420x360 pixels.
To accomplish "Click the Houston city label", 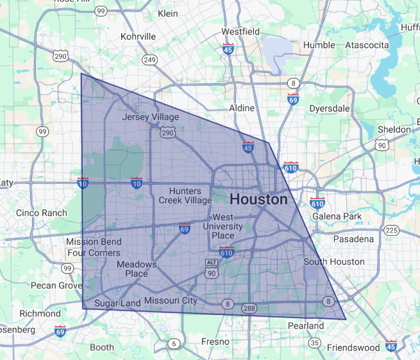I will click(x=258, y=199).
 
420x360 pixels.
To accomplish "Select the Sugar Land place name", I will click(x=113, y=302).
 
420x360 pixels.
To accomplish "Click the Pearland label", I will click(x=306, y=326).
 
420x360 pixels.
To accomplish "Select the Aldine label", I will click(x=242, y=108).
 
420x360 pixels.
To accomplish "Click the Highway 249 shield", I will click(x=150, y=60).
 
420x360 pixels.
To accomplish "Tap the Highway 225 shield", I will click(x=392, y=231).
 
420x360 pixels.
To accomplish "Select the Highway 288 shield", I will click(x=249, y=309).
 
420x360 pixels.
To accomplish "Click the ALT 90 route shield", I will click(x=212, y=268).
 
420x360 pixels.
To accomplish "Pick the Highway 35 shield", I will click(x=314, y=343).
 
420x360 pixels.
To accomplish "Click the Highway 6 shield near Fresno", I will click(x=174, y=343).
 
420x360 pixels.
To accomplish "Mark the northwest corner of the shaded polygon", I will click(x=81, y=74).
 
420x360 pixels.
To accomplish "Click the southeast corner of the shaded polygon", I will click(x=346, y=319).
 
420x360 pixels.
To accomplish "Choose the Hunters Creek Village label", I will click(x=185, y=195).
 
